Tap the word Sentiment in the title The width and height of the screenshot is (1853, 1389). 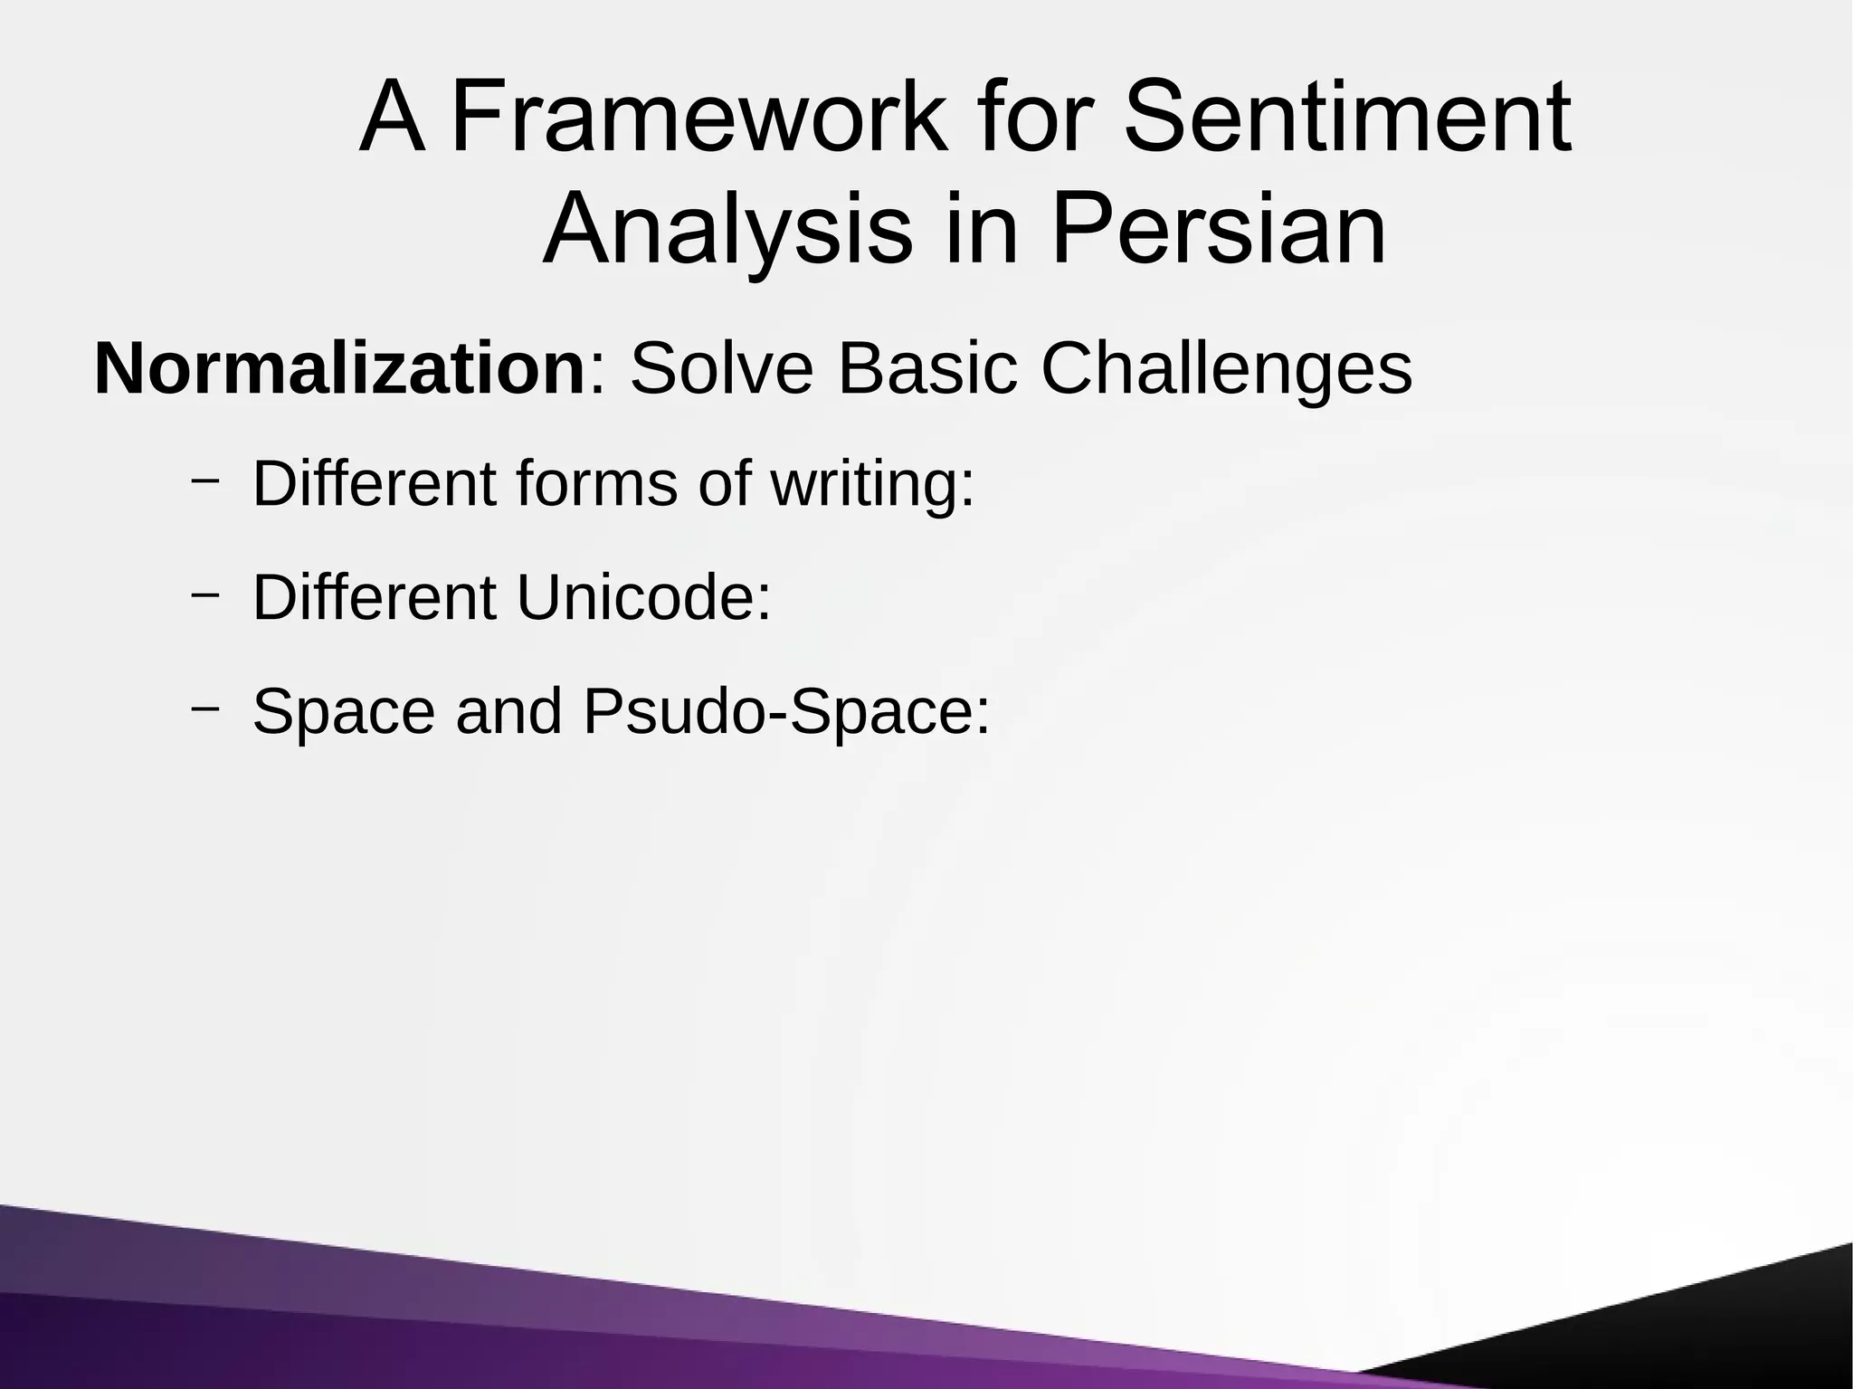1346,119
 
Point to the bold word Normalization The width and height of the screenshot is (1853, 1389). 339,369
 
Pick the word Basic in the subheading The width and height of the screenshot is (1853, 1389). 927,369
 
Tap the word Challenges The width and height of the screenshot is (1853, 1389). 1226,369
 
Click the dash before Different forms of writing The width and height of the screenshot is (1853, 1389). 205,480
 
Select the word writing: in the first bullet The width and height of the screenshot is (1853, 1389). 872,483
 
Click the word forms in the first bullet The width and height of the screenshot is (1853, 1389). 596,483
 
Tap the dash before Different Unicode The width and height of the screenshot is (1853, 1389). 205,594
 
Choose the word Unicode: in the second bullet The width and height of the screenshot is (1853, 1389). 643,597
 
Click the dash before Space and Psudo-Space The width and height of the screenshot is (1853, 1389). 205,708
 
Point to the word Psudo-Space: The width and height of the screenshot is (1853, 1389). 787,711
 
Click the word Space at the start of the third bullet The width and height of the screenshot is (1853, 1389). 343,711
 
